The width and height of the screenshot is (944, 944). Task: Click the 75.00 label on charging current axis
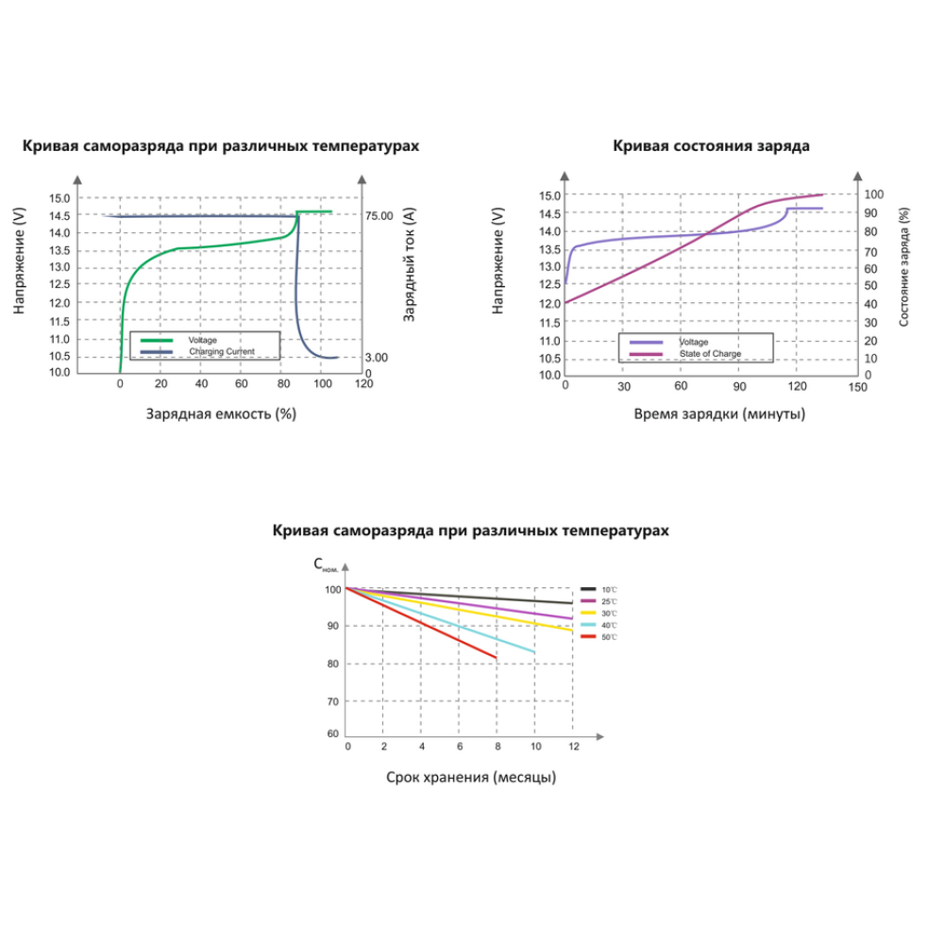[379, 216]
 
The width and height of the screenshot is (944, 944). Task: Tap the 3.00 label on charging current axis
[377, 358]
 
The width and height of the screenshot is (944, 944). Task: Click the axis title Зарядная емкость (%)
[221, 413]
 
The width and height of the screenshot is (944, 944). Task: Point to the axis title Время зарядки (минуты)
[719, 413]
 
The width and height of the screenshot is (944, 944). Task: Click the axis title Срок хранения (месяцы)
[471, 777]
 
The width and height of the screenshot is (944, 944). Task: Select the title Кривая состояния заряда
[711, 146]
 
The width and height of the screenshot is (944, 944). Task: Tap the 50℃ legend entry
[610, 638]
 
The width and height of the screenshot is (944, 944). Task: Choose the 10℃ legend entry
[609, 589]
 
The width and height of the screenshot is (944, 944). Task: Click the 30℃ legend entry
[609, 614]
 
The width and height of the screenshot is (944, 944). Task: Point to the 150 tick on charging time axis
[855, 387]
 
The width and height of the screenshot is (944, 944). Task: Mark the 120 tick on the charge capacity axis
[363, 385]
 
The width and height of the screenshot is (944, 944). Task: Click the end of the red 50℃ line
[497, 658]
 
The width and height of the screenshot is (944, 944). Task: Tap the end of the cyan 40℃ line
[534, 652]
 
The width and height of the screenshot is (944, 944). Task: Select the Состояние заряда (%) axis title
[903, 267]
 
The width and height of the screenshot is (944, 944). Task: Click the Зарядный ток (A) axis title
[409, 268]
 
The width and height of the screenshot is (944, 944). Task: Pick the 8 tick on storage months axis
[497, 747]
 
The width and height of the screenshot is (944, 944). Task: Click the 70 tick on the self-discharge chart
[332, 701]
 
